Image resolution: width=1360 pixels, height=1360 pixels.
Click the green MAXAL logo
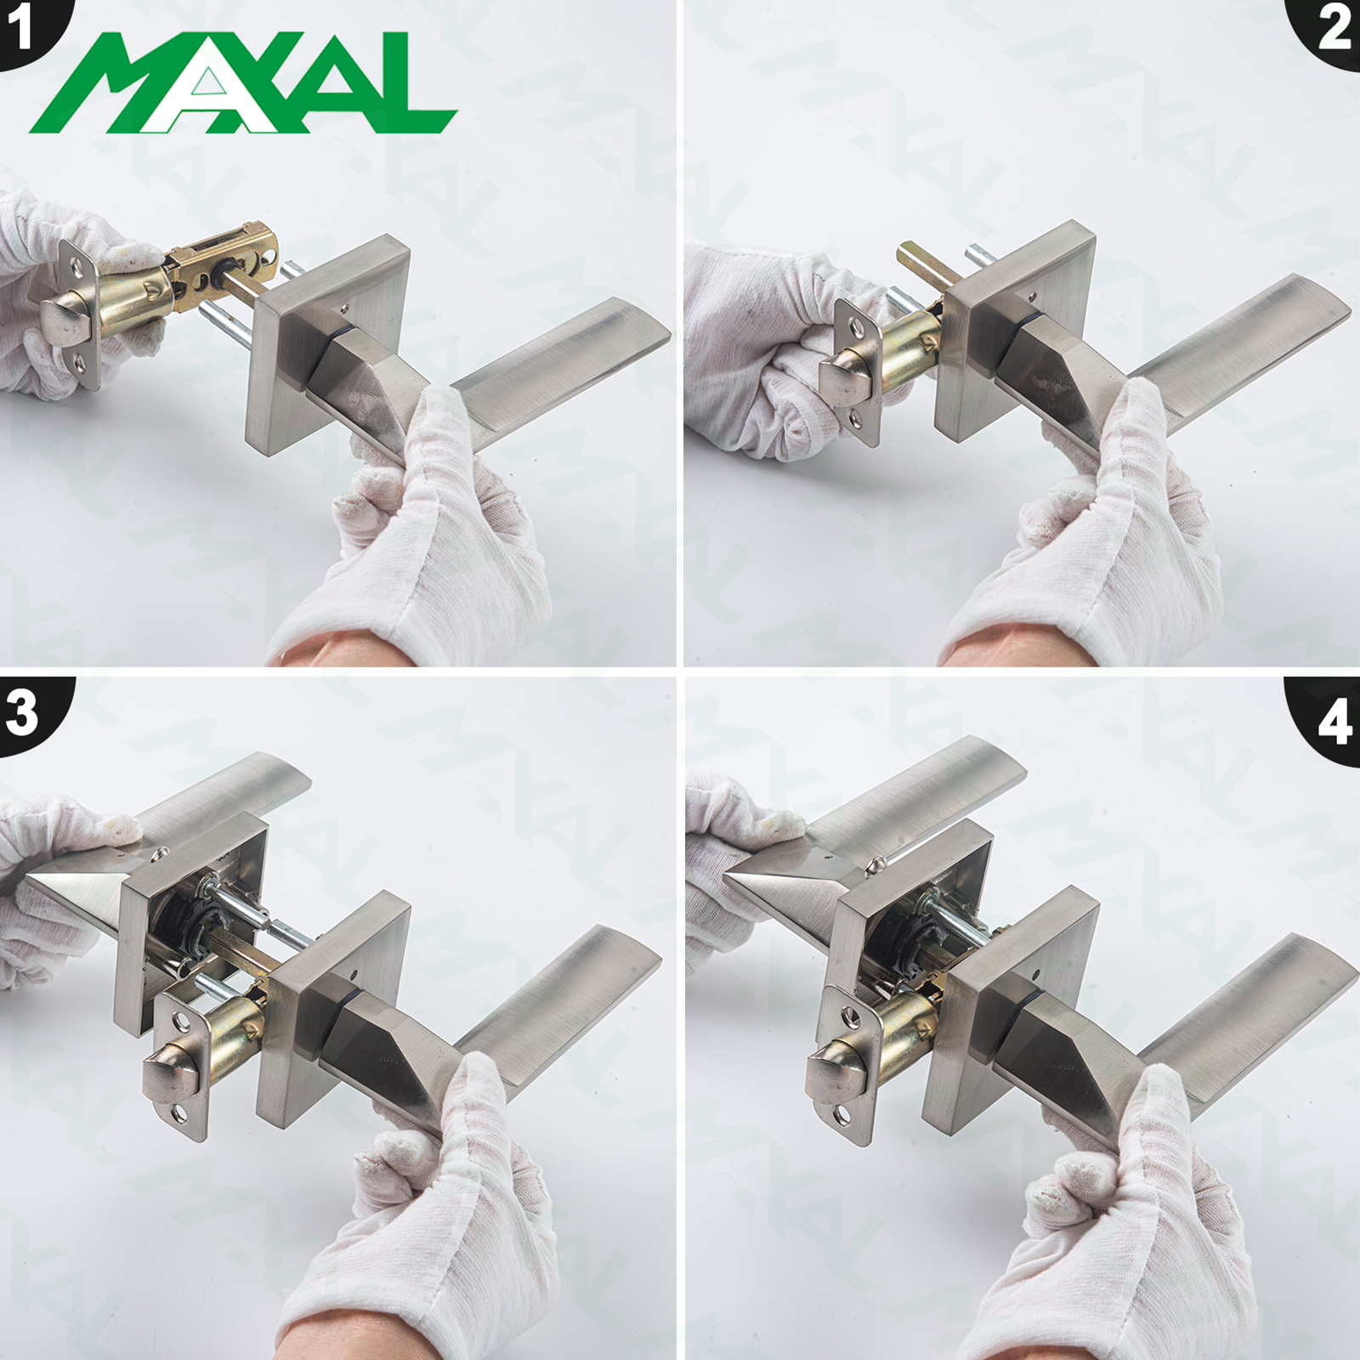click(x=244, y=82)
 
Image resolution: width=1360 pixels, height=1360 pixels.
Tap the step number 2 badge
click(x=1331, y=29)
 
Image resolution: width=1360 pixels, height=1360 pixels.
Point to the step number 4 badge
click(x=1329, y=722)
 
